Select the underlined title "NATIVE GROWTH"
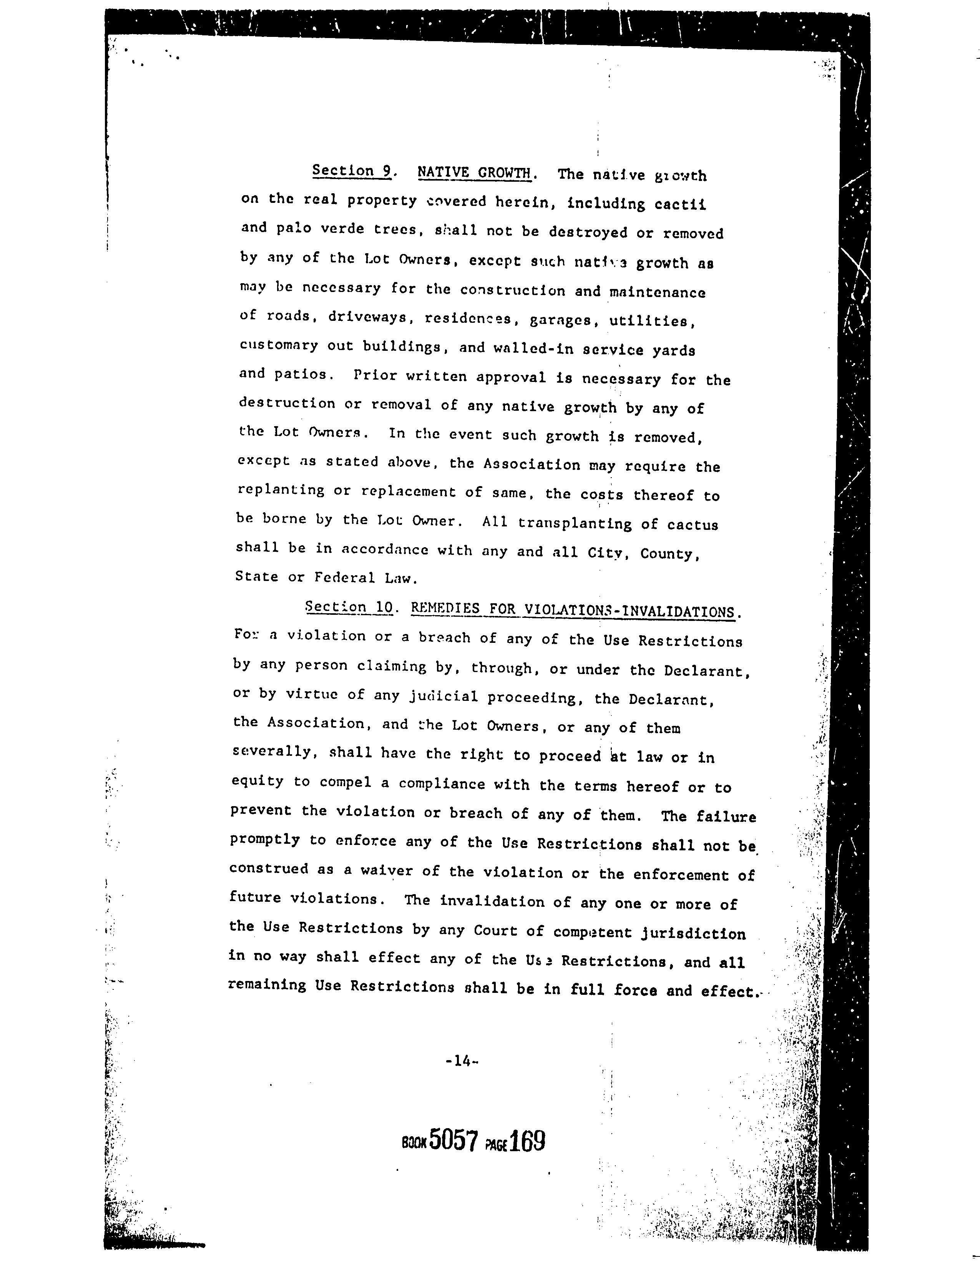coord(474,173)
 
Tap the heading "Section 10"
coord(349,607)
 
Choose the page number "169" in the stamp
coord(528,1142)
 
